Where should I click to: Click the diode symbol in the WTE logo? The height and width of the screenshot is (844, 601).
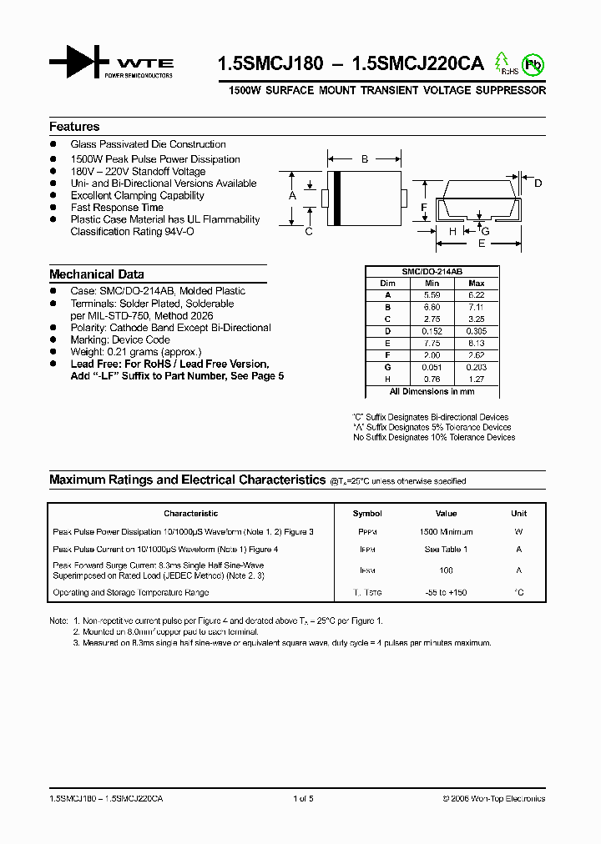point(79,63)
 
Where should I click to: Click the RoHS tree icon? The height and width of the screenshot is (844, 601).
point(502,63)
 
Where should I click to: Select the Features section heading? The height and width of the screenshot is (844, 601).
point(74,127)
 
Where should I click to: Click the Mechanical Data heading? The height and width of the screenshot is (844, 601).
point(96,274)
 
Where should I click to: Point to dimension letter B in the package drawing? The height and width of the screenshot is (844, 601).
point(364,158)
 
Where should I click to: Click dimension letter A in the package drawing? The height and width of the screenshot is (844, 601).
point(292,195)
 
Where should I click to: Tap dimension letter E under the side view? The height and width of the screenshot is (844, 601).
point(482,244)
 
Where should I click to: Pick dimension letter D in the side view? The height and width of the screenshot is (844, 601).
point(538,183)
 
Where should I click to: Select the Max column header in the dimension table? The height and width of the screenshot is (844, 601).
point(477,284)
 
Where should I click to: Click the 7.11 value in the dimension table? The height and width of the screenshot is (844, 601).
point(477,306)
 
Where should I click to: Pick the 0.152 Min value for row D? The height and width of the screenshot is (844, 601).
point(432,330)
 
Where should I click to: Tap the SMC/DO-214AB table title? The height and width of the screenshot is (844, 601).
point(432,272)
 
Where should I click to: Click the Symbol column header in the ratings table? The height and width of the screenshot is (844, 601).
point(367,514)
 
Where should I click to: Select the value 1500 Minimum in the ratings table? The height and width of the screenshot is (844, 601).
point(446,531)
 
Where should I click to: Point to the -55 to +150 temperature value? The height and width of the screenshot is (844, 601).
point(446,593)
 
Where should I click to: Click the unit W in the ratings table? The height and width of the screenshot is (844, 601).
point(518,531)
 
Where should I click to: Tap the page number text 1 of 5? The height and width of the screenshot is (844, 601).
point(303,798)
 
